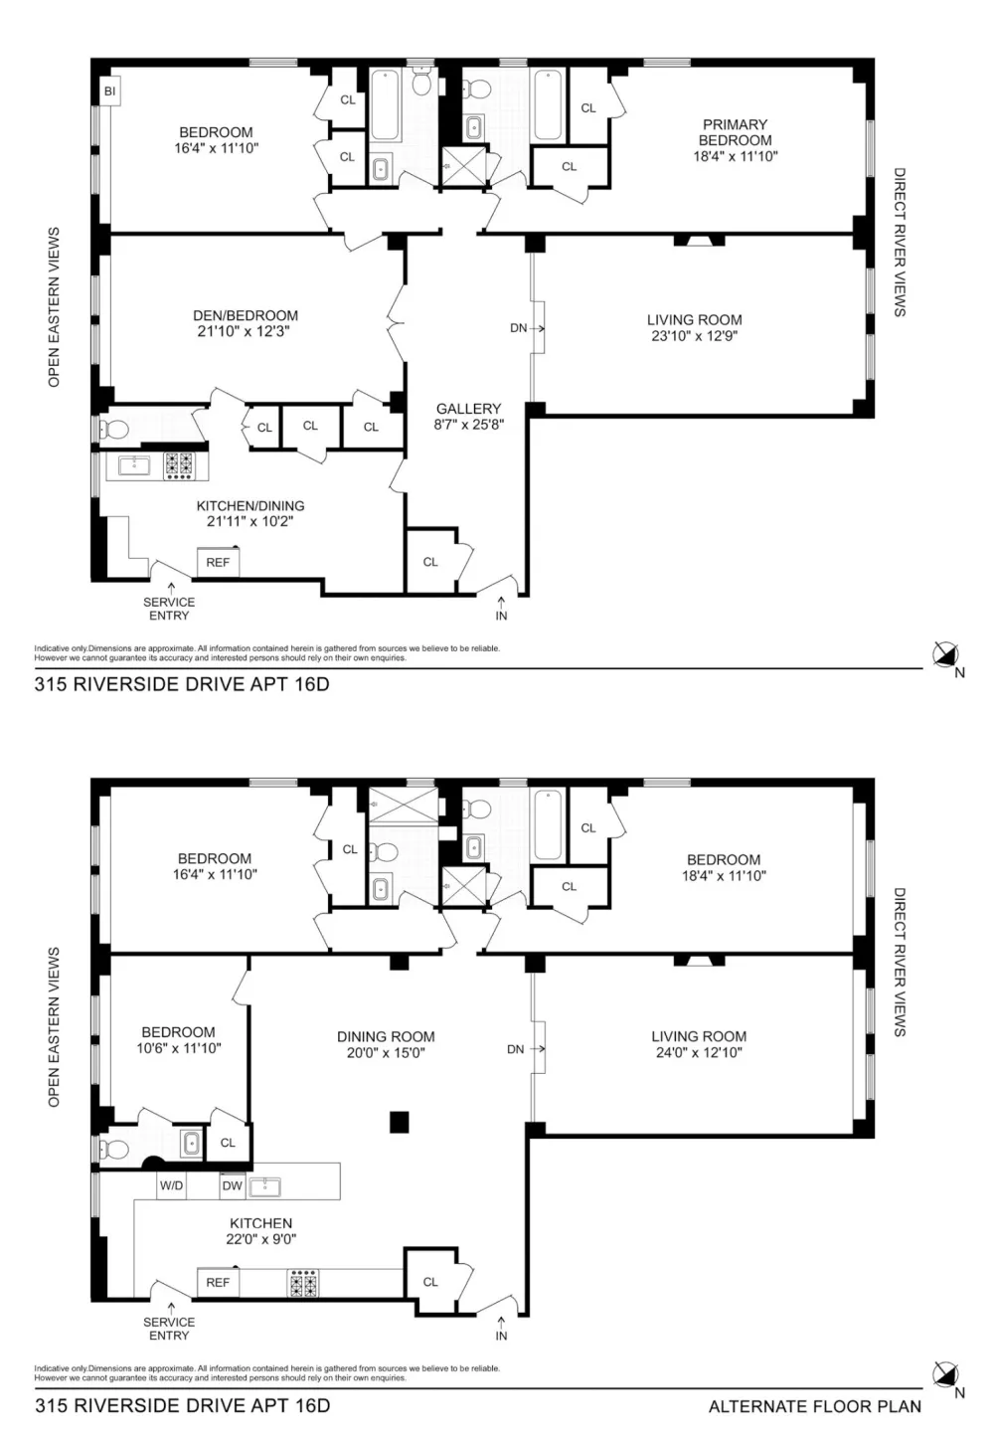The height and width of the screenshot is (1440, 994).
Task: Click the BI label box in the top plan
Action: coord(110,91)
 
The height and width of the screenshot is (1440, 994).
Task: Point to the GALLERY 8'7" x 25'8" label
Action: coord(468,417)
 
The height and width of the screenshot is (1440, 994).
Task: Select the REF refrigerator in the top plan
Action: coord(218,563)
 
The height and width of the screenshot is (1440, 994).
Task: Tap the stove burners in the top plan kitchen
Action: coord(179,466)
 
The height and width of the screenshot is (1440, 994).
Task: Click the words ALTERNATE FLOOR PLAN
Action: coord(815,1406)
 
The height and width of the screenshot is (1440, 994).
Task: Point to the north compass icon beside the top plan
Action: coord(945,654)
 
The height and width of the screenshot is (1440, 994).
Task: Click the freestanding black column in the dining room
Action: coord(399,1122)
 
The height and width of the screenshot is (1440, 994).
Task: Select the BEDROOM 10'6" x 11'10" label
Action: coord(179,1040)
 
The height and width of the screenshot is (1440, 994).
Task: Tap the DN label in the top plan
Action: coord(519,328)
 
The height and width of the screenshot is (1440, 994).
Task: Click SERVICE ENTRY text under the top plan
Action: coord(169,609)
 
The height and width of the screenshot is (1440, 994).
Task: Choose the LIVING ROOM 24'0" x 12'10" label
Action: coord(699,1044)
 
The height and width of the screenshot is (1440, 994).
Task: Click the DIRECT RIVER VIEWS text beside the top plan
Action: coord(900,243)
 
